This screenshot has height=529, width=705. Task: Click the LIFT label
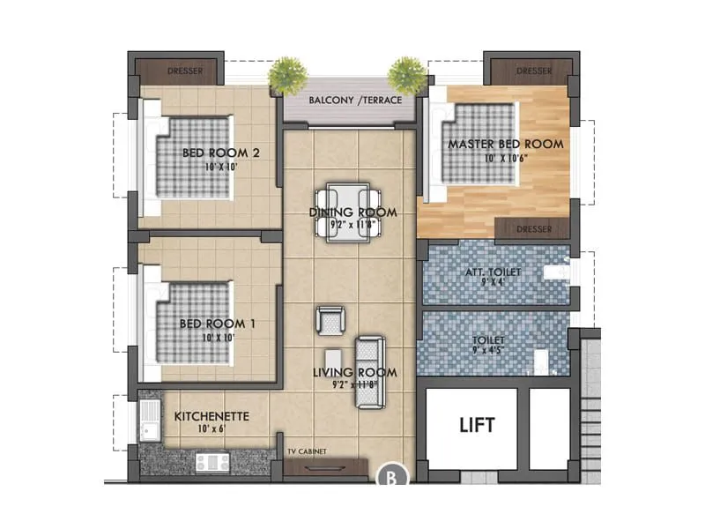tap(477, 426)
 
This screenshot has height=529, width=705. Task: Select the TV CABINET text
tap(307, 451)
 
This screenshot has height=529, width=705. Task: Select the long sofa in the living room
tap(369, 373)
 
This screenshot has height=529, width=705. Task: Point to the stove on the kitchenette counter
tap(211, 460)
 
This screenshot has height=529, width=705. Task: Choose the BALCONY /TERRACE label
tap(355, 100)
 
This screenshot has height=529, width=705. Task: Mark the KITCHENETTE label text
tap(212, 415)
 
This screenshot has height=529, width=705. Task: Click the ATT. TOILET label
tap(493, 272)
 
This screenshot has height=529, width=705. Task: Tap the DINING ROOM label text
tap(352, 212)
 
